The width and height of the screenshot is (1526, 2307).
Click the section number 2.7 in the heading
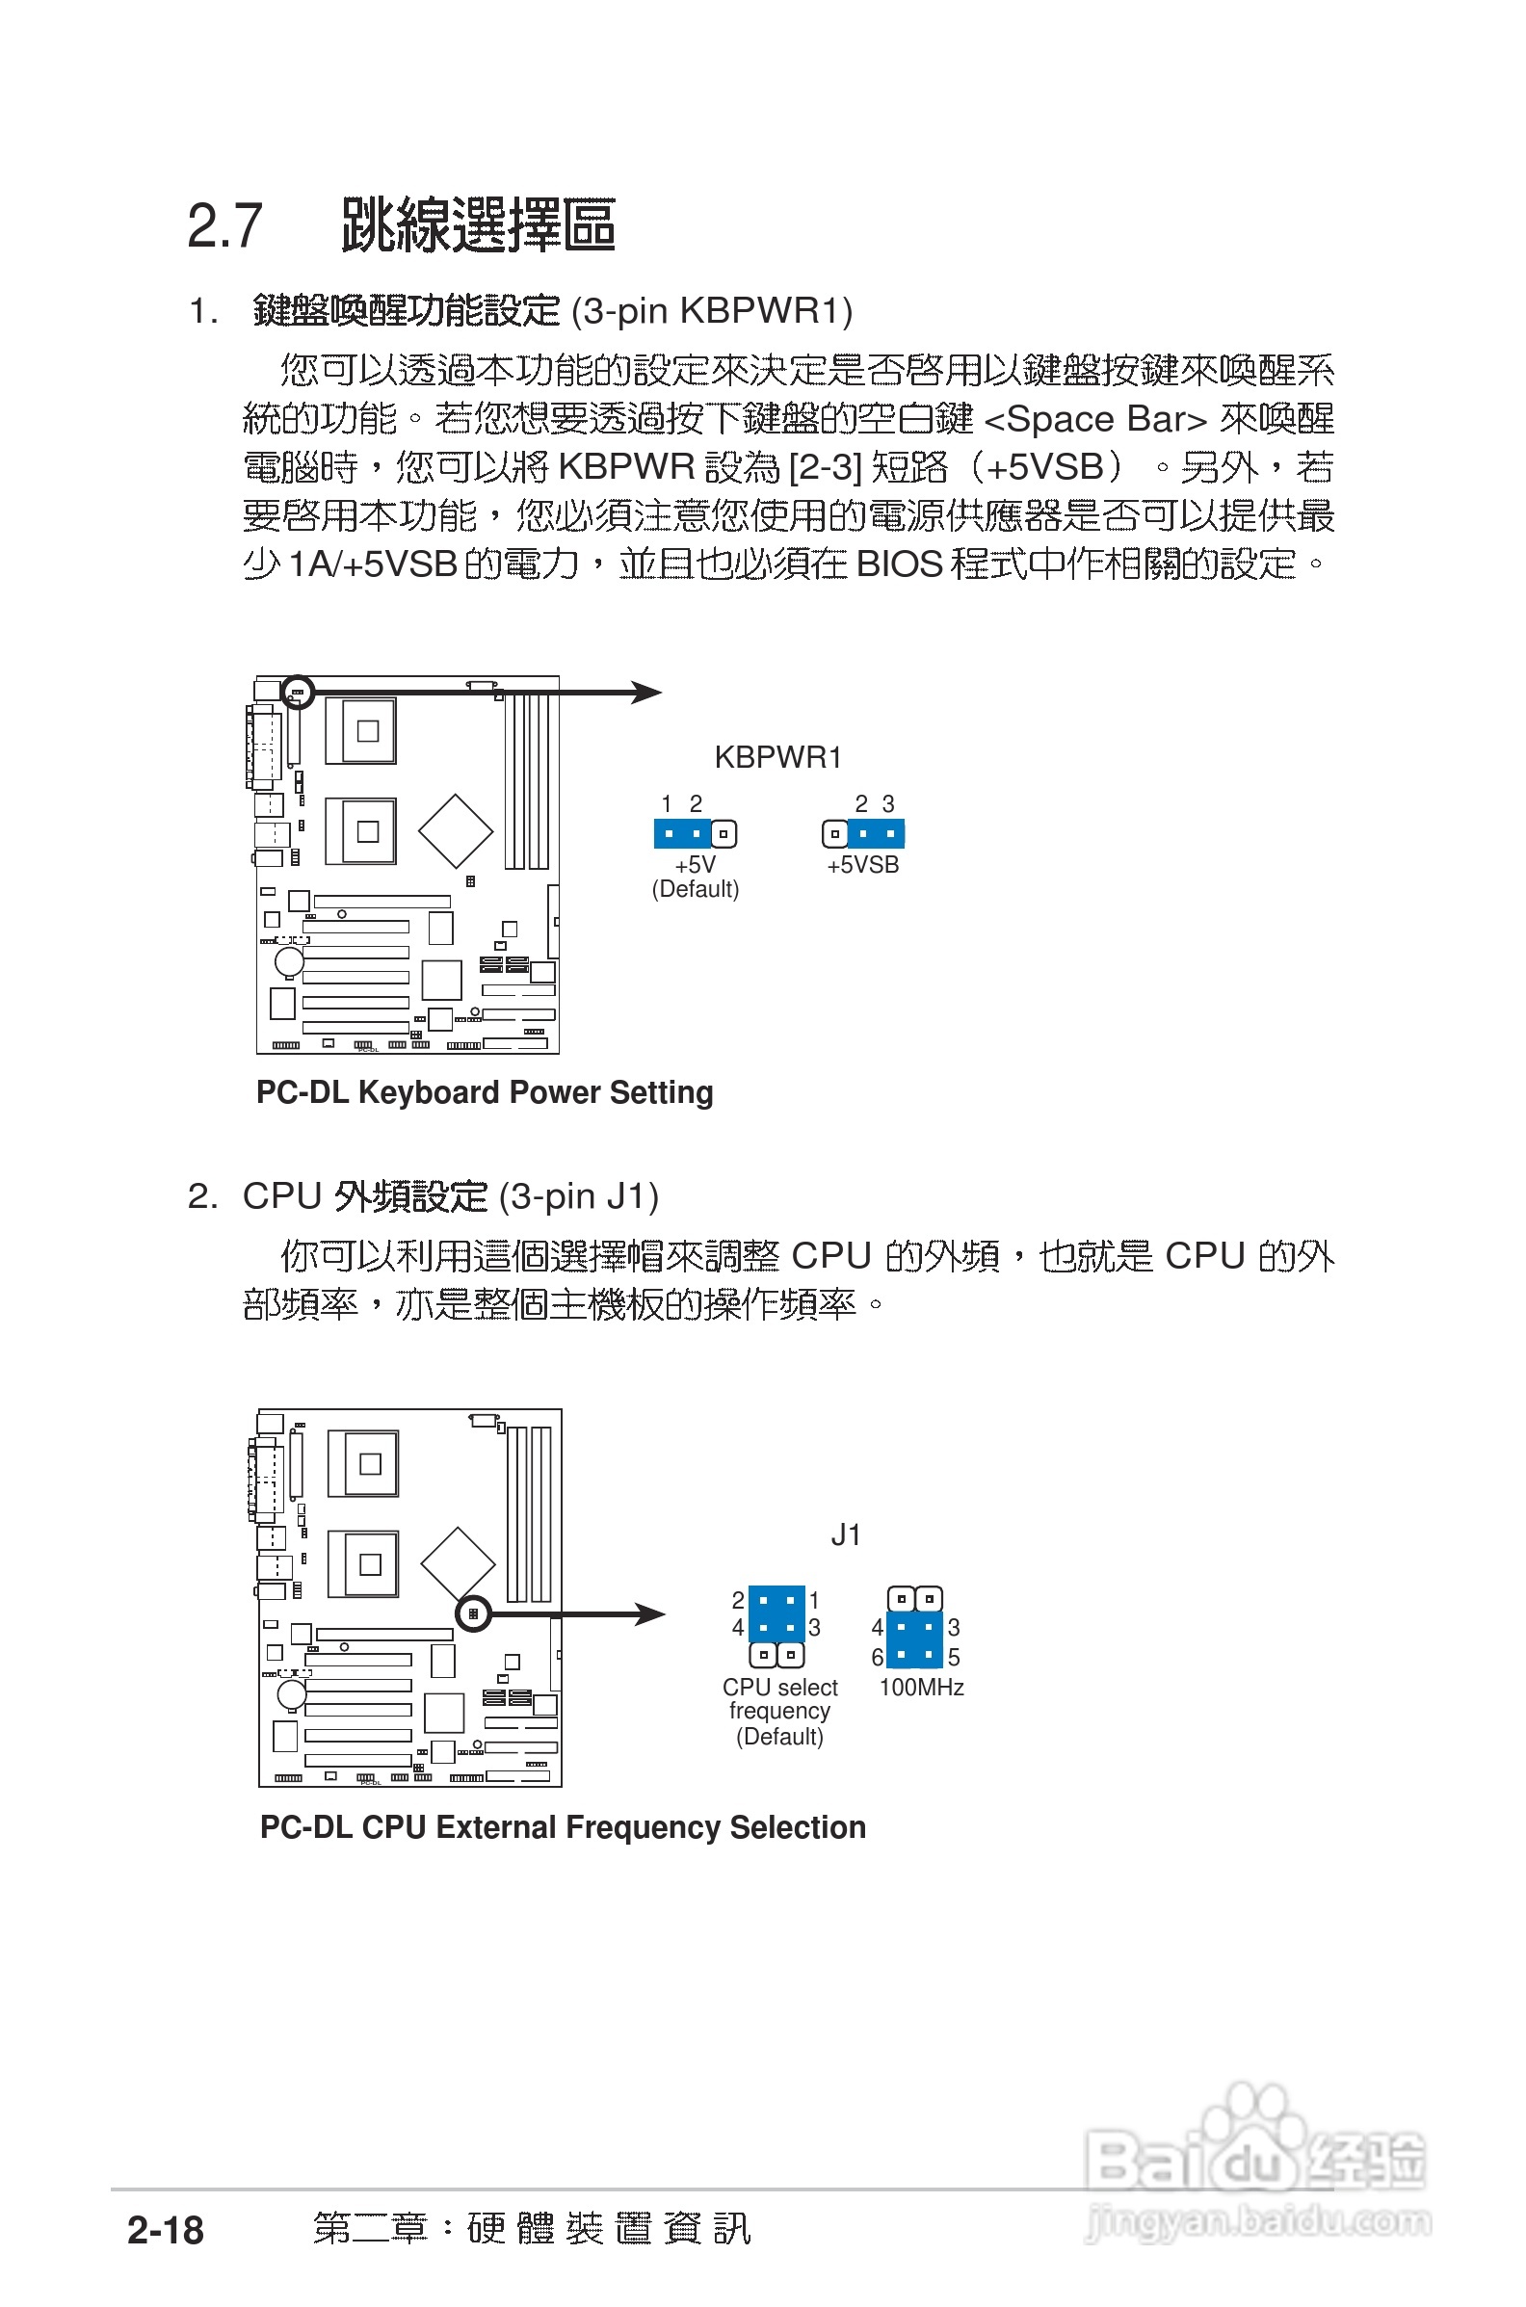click(224, 225)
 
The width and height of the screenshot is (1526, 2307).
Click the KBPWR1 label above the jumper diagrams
click(776, 757)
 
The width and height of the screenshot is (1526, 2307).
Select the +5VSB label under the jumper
click(862, 865)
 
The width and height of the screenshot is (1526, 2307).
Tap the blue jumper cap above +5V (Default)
click(682, 834)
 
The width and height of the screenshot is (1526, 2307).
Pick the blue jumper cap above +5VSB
click(876, 834)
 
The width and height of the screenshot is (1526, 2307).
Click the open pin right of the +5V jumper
click(724, 834)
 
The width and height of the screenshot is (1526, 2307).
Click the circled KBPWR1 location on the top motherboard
click(297, 692)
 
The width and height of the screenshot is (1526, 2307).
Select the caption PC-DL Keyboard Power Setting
click(484, 1091)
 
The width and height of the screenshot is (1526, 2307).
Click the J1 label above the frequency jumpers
click(845, 1534)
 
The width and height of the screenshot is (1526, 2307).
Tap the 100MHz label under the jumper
click(921, 1688)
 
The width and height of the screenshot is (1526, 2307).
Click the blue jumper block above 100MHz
click(915, 1640)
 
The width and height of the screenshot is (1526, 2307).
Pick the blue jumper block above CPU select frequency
click(776, 1613)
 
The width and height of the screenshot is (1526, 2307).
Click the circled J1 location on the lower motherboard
click(473, 1613)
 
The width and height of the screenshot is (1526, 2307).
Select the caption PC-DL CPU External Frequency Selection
click(563, 1826)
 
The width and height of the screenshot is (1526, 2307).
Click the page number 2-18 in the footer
click(166, 2229)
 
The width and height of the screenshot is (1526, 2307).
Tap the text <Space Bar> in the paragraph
click(1095, 419)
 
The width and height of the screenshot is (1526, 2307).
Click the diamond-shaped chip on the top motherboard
click(456, 830)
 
